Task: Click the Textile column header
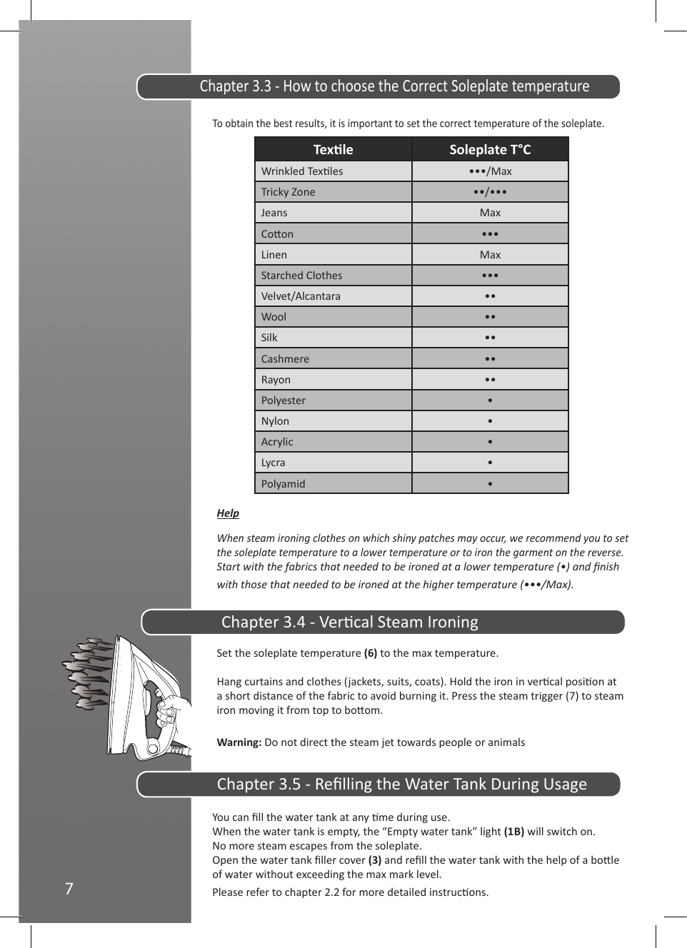pyautogui.click(x=333, y=149)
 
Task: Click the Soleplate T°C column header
pyautogui.click(x=490, y=149)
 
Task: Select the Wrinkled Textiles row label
pyautogui.click(x=302, y=171)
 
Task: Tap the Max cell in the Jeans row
pyautogui.click(x=490, y=213)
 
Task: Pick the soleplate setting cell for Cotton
pyautogui.click(x=490, y=234)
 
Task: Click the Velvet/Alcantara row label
pyautogui.click(x=301, y=296)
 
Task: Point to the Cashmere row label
pyautogui.click(x=285, y=359)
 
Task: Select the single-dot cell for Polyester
pyautogui.click(x=490, y=400)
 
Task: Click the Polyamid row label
pyautogui.click(x=283, y=484)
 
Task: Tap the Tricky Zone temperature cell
pyautogui.click(x=490, y=192)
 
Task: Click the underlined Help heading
pyautogui.click(x=228, y=513)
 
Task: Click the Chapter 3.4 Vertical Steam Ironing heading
pyautogui.click(x=349, y=622)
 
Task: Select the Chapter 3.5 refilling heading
pyautogui.click(x=401, y=784)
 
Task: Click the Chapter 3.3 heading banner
pyautogui.click(x=394, y=86)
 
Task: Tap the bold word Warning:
pyautogui.click(x=239, y=742)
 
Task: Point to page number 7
pyautogui.click(x=69, y=889)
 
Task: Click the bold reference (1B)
pyautogui.click(x=514, y=832)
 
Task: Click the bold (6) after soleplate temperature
pyautogui.click(x=371, y=653)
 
